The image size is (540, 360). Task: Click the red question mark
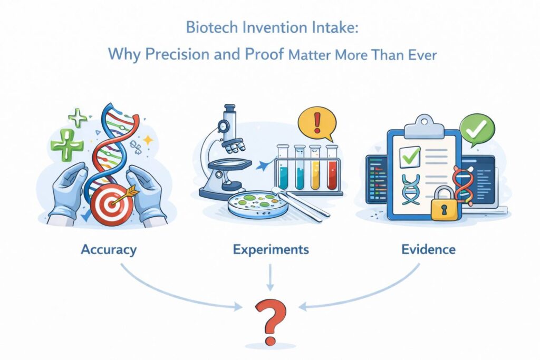(270, 319)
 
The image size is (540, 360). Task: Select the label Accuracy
(109, 249)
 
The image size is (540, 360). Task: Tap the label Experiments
(271, 249)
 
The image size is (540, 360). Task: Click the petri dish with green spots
(257, 203)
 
